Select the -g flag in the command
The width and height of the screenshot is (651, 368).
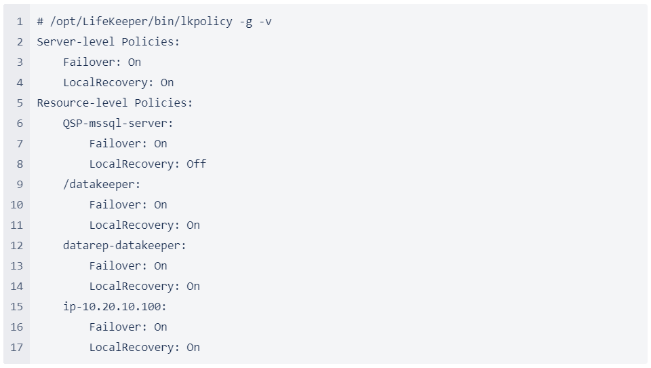(245, 22)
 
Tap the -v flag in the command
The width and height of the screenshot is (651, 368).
(265, 22)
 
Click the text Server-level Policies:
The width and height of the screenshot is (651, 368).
(108, 42)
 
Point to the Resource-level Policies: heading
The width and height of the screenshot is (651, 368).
(115, 103)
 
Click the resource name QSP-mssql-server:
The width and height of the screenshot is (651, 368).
(118, 124)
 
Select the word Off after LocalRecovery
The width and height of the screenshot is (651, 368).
(197, 164)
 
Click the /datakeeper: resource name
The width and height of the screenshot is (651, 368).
(102, 185)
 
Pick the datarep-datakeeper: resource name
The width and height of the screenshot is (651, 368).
(125, 246)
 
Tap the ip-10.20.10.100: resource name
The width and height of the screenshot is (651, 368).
(115, 307)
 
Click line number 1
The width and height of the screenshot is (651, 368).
(20, 22)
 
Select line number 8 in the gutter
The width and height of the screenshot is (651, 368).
(20, 164)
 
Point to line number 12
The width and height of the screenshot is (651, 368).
(17, 246)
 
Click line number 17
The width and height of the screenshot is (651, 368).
(17, 348)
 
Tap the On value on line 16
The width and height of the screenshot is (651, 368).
(161, 327)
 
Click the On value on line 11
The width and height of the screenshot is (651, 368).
(193, 225)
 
